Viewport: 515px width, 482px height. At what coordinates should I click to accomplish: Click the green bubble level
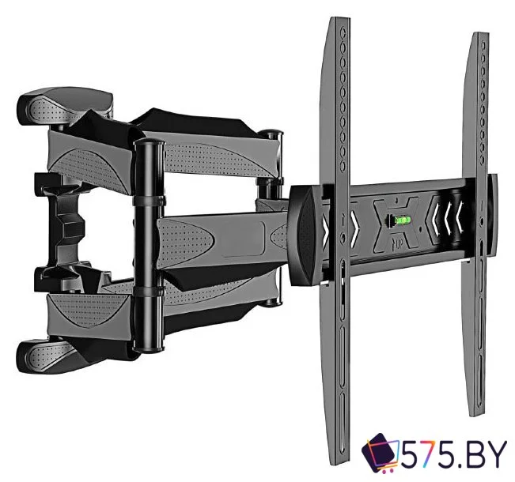coord(401,219)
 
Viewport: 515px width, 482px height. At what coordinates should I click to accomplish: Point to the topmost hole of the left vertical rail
coord(343,34)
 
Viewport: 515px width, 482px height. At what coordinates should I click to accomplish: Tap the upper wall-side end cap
coord(65,106)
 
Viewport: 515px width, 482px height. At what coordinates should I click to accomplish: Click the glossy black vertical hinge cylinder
coord(149,246)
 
